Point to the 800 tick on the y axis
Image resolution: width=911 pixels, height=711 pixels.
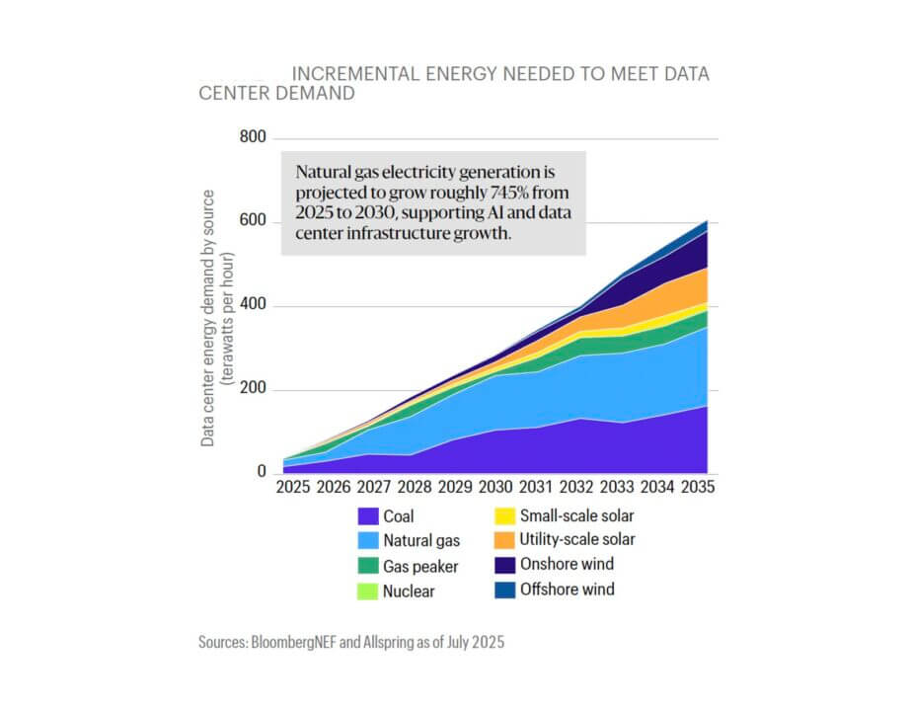pos(254,137)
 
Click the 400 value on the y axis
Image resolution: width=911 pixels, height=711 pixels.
pos(254,306)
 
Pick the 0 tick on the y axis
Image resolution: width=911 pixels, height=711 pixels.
pos(262,473)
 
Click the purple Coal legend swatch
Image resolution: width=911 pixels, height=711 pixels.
pos(368,515)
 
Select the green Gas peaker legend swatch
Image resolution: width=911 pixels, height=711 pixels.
pos(368,566)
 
